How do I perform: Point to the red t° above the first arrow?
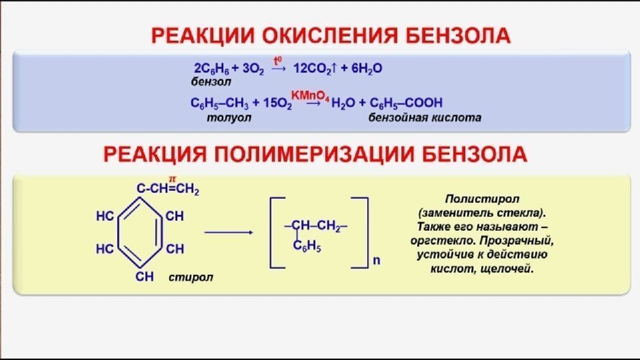[278, 59]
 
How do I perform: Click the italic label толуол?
[229, 117]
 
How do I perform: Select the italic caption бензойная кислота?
[425, 117]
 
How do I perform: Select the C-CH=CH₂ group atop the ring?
[168, 189]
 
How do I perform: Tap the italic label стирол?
[191, 276]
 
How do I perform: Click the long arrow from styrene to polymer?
[228, 233]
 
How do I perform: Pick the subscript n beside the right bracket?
[375, 261]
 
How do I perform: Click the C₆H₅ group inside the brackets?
[308, 248]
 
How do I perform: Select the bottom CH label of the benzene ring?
[145, 275]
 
